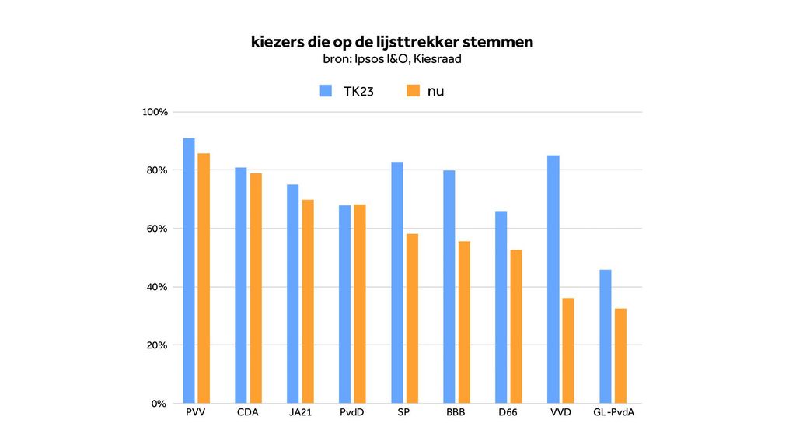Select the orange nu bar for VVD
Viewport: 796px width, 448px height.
568,350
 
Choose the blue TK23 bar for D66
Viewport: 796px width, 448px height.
501,307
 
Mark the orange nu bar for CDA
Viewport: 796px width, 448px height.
256,288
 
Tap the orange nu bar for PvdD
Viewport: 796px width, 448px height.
360,303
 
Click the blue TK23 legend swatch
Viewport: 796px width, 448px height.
326,91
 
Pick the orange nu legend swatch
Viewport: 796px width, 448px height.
413,91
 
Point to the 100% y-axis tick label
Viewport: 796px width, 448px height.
155,112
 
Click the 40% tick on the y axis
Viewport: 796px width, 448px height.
157,287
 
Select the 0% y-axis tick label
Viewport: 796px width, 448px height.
159,404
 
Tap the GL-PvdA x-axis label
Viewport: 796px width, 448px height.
613,412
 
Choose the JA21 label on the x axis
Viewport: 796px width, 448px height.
300,412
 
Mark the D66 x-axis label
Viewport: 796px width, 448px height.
508,412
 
